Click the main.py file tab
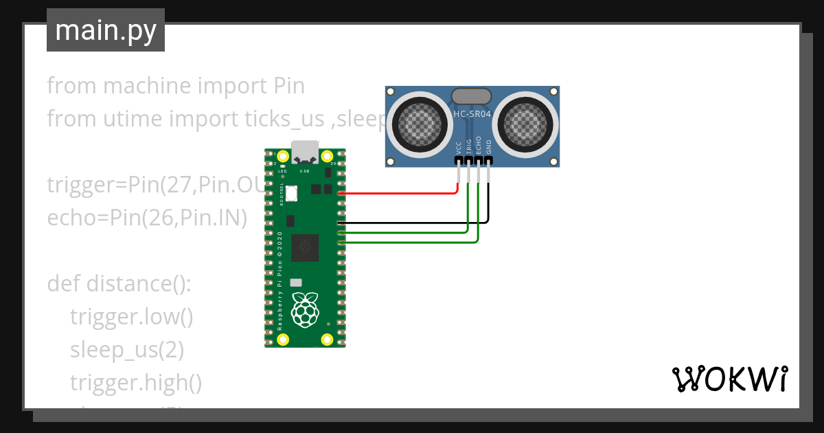pyautogui.click(x=106, y=30)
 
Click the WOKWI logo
pyautogui.click(x=729, y=379)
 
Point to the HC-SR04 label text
pyautogui.click(x=472, y=115)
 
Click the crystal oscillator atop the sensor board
pyautogui.click(x=471, y=96)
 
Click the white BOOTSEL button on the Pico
pyautogui.click(x=292, y=194)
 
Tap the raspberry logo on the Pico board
pyautogui.click(x=305, y=309)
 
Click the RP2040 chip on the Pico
pyautogui.click(x=305, y=247)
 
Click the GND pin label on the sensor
pyautogui.click(x=489, y=146)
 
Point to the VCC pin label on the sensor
pyautogui.click(x=458, y=146)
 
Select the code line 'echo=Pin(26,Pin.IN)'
pyautogui.click(x=147, y=218)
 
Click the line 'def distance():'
pyautogui.click(x=119, y=283)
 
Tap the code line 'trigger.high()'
pyautogui.click(x=135, y=383)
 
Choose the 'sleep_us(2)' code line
pyautogui.click(x=126, y=350)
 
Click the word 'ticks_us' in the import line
pyautogui.click(x=284, y=119)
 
